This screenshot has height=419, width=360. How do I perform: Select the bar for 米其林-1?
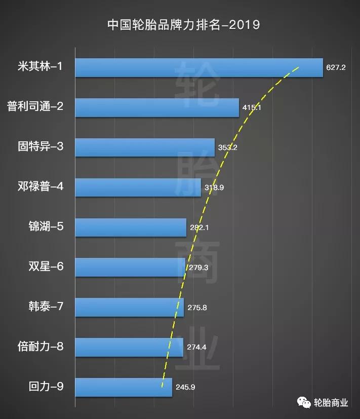(x=198, y=67)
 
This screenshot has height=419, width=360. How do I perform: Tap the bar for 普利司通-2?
(x=157, y=107)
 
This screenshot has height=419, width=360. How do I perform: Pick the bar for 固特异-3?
(x=145, y=147)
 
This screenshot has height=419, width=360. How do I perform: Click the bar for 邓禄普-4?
(x=138, y=187)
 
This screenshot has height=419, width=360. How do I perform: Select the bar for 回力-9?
(x=124, y=387)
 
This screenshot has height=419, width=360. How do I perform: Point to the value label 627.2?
(x=336, y=67)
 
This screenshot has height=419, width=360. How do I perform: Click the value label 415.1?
(x=252, y=107)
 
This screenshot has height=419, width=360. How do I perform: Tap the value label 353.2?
(x=227, y=147)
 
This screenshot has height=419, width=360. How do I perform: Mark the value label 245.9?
(x=185, y=387)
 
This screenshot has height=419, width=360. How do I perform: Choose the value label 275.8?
(x=197, y=307)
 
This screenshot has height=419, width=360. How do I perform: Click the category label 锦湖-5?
(x=46, y=226)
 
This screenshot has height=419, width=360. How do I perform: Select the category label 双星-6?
(x=46, y=266)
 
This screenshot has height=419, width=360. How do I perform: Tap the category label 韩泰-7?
(x=46, y=307)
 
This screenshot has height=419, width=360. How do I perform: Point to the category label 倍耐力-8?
(x=40, y=347)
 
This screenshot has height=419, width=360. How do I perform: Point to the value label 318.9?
(x=214, y=187)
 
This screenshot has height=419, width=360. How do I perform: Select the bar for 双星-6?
(x=130, y=267)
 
